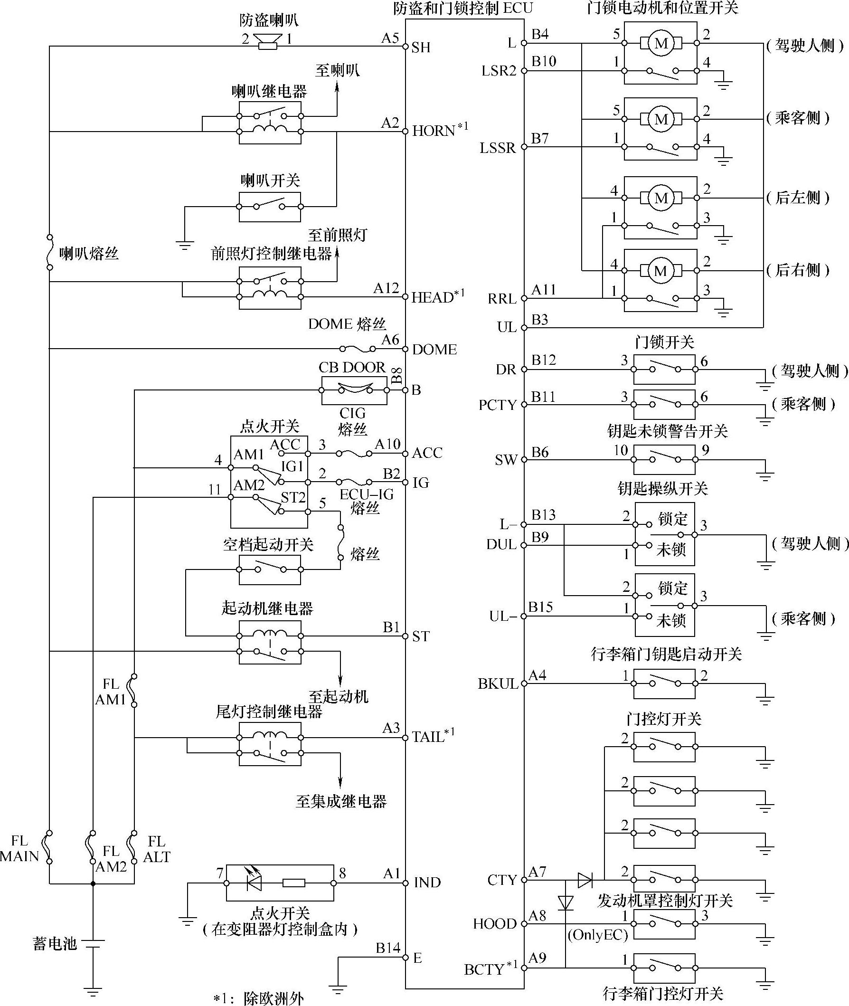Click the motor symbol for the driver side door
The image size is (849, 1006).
661,43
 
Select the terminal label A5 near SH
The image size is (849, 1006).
390,38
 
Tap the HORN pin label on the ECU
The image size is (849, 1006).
434,131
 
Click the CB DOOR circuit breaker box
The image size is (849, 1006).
354,390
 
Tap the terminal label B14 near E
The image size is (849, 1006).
388,948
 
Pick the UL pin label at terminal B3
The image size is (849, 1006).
506,327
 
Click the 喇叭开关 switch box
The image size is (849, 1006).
270,207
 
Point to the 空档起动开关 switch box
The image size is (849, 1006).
270,569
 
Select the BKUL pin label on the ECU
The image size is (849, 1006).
498,684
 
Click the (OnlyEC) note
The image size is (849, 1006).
597,935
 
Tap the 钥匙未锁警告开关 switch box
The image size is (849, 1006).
664,460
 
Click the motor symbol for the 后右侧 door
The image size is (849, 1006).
661,271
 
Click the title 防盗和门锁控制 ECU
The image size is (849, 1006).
463,9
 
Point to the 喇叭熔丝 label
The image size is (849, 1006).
89,254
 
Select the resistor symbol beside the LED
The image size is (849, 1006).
293,883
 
